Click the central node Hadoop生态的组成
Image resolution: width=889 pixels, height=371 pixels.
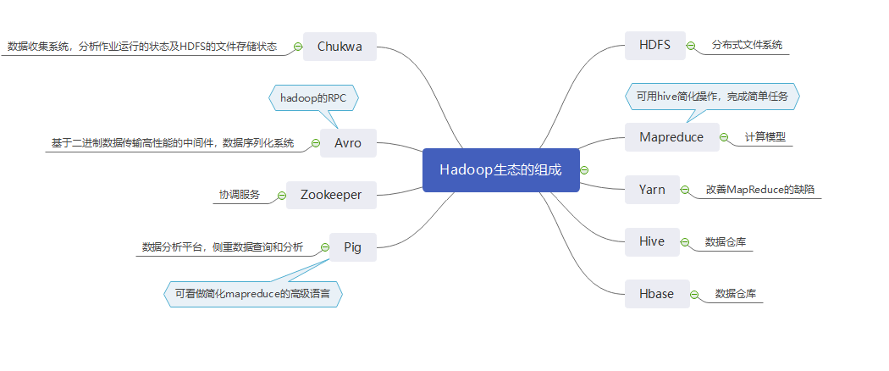click(500, 169)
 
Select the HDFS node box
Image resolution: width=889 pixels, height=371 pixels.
click(655, 46)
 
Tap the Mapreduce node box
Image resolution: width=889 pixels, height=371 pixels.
click(671, 137)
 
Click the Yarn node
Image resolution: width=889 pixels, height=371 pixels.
click(652, 190)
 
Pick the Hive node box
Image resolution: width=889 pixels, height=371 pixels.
click(652, 241)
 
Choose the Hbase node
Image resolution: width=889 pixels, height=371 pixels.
click(657, 294)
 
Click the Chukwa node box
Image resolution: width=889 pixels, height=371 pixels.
click(340, 47)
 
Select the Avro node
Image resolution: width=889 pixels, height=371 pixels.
click(348, 143)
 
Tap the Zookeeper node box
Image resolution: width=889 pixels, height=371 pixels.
click(331, 195)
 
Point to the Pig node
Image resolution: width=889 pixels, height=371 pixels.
click(353, 247)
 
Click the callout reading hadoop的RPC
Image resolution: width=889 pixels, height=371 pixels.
click(313, 98)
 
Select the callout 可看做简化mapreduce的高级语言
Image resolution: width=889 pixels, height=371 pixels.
click(253, 294)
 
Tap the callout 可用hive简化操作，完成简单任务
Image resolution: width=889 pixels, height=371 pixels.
click(712, 97)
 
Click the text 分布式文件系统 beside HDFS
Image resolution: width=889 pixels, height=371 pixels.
click(747, 45)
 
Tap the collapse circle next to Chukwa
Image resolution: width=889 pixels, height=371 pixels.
click(297, 47)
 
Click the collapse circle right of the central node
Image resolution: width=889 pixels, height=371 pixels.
click(584, 170)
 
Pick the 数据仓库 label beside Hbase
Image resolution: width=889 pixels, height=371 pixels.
click(736, 294)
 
